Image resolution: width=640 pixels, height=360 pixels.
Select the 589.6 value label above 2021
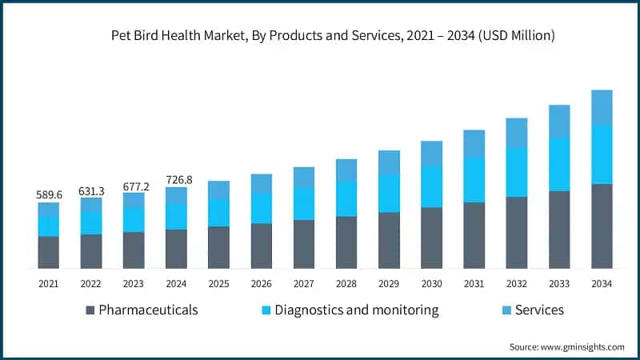(48, 194)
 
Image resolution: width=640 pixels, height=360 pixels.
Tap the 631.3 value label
(90, 190)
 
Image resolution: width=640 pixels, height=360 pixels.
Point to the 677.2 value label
(134, 186)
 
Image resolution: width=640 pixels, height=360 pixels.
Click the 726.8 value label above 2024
(176, 180)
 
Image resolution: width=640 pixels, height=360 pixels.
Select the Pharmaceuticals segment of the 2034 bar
(602, 226)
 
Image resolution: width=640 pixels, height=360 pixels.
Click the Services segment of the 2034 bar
(602, 107)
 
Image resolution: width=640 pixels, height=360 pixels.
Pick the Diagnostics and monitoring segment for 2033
(559, 164)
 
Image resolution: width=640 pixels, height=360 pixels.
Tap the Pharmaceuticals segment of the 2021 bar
(48, 252)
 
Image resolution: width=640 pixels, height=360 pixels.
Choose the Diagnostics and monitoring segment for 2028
(346, 198)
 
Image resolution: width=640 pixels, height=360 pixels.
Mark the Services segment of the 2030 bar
(431, 154)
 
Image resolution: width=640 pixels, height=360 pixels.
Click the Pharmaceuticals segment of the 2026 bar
(261, 246)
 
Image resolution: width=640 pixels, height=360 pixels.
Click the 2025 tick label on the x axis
(218, 284)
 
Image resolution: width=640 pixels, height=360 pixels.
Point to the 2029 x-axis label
(389, 284)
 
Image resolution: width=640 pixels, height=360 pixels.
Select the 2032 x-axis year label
(516, 284)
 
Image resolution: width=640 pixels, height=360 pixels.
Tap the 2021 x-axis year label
(48, 284)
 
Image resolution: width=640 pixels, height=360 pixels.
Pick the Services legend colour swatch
(505, 310)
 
